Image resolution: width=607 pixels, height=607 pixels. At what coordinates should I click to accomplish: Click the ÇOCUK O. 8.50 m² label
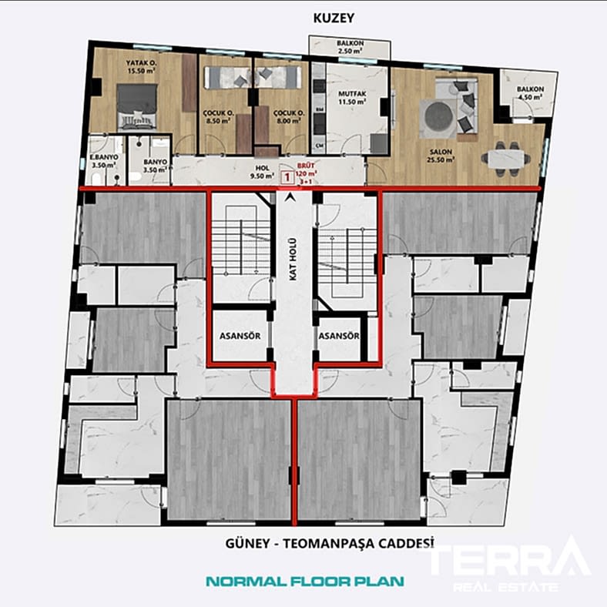218,116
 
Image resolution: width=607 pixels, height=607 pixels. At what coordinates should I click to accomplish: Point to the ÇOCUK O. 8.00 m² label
290,116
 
